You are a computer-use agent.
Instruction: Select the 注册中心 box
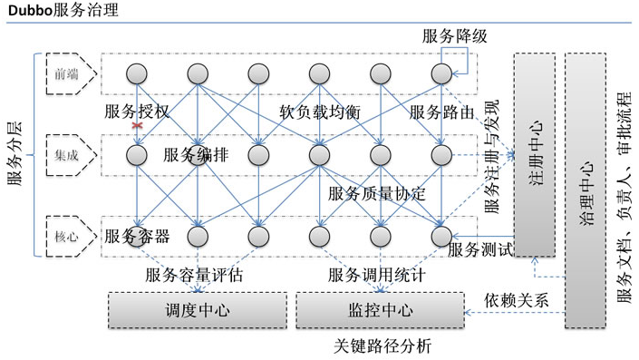point(534,154)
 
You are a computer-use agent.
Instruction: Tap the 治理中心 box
point(586,190)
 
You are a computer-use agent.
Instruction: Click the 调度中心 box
point(197,310)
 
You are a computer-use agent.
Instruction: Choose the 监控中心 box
point(380,310)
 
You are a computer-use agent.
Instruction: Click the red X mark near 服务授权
point(138,126)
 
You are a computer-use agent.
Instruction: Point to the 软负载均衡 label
point(321,112)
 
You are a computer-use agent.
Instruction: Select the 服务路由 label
point(442,112)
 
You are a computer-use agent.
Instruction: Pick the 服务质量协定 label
point(377,193)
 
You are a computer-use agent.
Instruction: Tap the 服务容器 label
point(137,237)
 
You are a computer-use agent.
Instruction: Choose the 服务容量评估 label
point(193,274)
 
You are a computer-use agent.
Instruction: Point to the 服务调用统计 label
point(377,274)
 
